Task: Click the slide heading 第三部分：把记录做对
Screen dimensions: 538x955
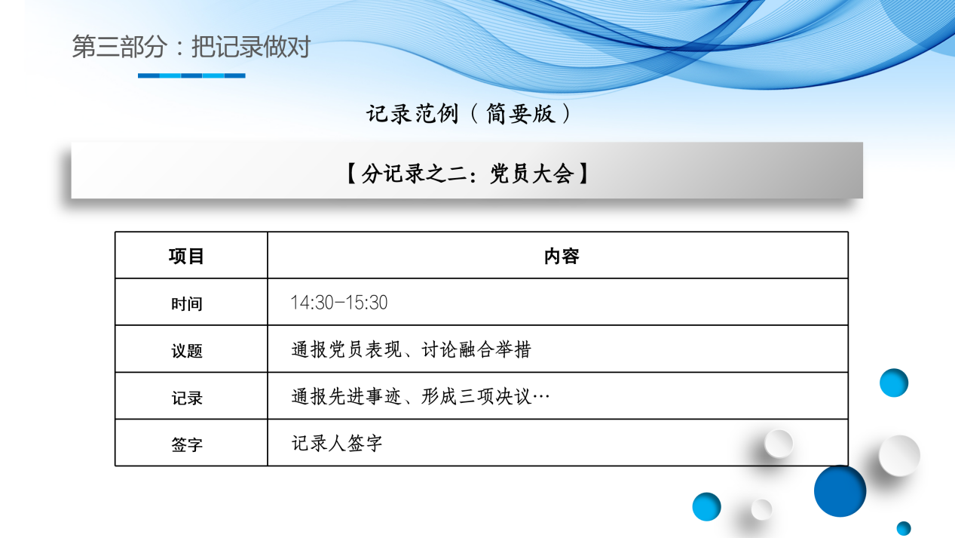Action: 191,48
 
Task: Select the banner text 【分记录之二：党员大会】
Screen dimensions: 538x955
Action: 467,174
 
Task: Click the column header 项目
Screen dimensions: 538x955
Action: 186,256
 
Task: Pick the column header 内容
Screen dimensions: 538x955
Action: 561,256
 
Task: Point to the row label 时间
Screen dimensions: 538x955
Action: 186,304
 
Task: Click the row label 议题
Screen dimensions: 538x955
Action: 186,351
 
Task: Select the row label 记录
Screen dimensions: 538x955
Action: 186,398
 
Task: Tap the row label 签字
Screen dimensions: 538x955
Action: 186,444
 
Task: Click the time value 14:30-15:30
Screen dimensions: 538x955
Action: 339,303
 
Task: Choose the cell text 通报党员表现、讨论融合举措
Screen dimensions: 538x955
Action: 411,350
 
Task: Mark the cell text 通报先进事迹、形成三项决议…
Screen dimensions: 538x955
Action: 421,397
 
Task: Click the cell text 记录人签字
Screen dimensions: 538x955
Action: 337,444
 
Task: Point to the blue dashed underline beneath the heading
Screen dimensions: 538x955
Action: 191,75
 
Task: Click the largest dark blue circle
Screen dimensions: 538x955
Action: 840,490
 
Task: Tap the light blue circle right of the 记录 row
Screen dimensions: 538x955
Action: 894,383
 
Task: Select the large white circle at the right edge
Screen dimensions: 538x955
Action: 899,455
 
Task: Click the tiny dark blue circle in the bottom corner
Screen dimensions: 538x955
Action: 904,528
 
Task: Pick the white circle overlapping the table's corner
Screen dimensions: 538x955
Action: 779,443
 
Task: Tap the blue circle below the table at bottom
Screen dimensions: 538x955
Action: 706,506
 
